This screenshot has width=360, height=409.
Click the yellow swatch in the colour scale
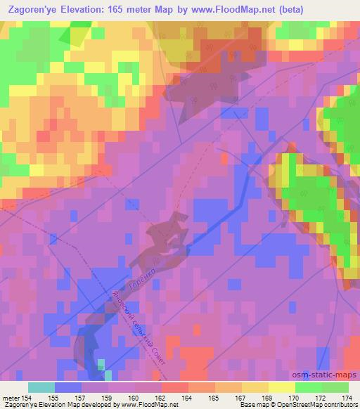click(281, 387)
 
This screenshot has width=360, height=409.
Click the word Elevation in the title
click(94, 10)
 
